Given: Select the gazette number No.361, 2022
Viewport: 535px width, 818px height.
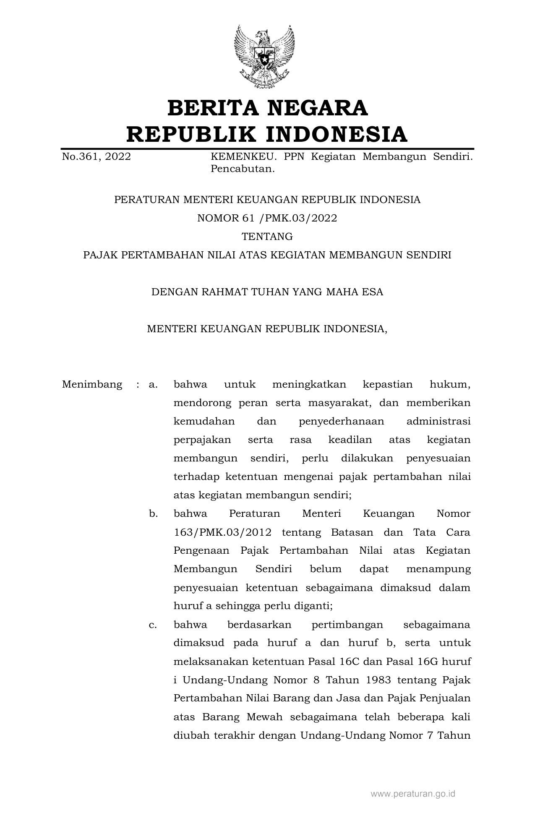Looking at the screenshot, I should [x=97, y=157].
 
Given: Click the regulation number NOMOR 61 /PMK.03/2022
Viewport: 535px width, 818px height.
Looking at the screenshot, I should [x=267, y=218].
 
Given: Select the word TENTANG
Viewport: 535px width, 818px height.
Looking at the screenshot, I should [x=267, y=237].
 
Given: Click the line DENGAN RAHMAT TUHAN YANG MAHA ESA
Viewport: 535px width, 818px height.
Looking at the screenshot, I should [x=267, y=292].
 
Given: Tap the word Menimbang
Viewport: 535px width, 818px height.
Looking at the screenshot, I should [x=92, y=384].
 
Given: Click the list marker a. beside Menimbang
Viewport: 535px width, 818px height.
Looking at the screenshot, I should [x=153, y=384].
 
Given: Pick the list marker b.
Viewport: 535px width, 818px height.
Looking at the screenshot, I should [x=153, y=513].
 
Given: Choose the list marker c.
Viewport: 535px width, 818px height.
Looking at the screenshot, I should [x=153, y=625].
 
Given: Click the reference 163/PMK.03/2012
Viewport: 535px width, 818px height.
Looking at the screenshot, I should [x=222, y=532].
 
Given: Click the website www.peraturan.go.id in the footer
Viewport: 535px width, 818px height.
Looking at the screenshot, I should [x=413, y=794].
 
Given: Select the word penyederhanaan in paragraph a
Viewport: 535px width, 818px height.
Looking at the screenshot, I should [x=342, y=421].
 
